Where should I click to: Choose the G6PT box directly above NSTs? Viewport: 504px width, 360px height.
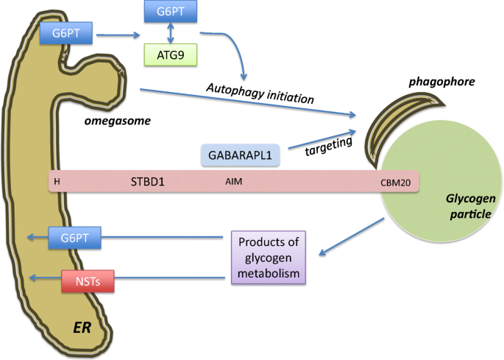click(74, 237)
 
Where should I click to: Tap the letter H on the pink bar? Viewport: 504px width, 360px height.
click(57, 181)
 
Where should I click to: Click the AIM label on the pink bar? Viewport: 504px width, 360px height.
click(234, 181)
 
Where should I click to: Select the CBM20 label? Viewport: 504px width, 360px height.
click(395, 182)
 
